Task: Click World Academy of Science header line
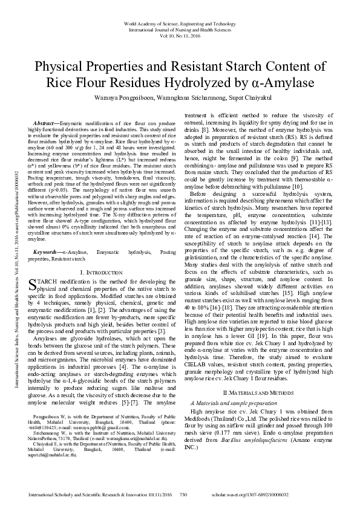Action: pyautogui.click(x=180, y=22)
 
